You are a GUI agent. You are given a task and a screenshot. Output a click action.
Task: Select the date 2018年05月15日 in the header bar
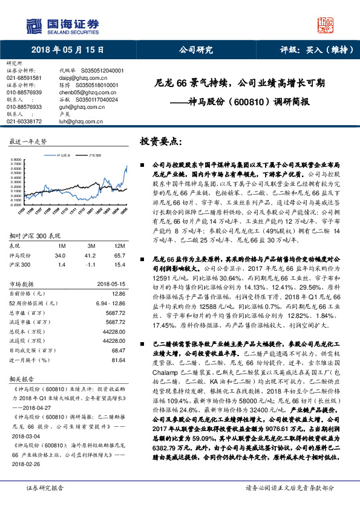67,51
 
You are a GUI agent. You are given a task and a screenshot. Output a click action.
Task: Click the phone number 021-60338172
24,122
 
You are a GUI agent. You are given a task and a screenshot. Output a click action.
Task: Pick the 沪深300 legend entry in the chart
96,155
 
